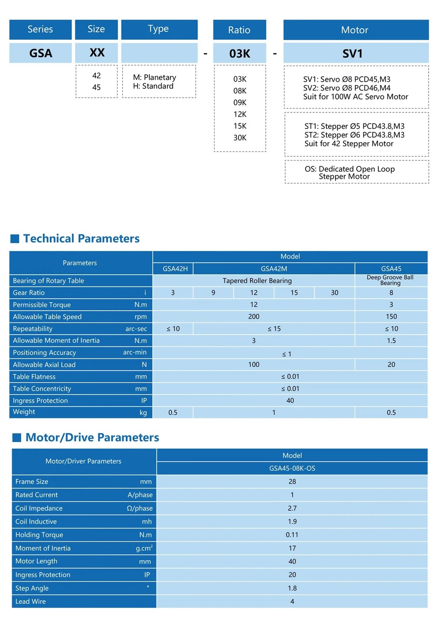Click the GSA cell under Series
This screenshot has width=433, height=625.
(40, 53)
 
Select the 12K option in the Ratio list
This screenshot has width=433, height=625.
(240, 114)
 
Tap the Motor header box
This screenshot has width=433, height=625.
(355, 30)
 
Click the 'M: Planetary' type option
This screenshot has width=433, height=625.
(155, 78)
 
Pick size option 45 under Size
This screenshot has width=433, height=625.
(97, 87)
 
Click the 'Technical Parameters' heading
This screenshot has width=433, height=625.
(81, 238)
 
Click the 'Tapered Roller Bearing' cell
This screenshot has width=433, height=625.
(257, 280)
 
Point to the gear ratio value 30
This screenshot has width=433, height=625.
(335, 293)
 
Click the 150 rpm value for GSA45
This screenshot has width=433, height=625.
(391, 317)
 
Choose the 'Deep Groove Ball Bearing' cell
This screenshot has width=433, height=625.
(390, 280)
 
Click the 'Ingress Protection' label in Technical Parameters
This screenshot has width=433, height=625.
(40, 400)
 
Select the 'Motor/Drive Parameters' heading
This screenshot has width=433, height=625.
(92, 437)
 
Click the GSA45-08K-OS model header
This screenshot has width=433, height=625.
(292, 468)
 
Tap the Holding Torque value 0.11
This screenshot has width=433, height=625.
(292, 535)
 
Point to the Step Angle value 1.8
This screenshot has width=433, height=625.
(292, 588)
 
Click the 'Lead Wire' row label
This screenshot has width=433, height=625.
(30, 602)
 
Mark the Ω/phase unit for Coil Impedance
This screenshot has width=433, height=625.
(140, 508)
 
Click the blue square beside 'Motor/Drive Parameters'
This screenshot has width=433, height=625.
(17, 438)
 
